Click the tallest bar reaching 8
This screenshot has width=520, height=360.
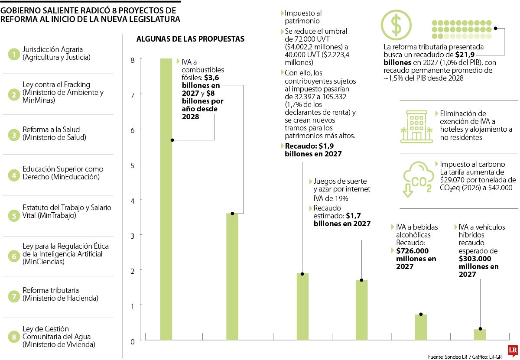tap(166, 199)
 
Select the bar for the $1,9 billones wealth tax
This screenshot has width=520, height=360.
tap(302, 307)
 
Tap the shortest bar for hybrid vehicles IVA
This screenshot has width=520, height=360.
tap(480, 334)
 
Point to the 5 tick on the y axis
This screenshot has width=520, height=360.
tap(132, 165)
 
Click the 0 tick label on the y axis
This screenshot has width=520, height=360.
tap(132, 341)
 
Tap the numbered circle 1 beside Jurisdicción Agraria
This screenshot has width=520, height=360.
tap(14, 54)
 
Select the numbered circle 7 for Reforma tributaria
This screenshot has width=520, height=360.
tap(14, 296)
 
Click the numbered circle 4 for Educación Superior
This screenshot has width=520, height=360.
tap(14, 175)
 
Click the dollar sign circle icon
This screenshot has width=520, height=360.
tap(396, 25)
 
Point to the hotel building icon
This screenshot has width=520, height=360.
tap(416, 126)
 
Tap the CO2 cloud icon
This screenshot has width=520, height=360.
tap(418, 179)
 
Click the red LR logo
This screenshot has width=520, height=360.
tap(513, 351)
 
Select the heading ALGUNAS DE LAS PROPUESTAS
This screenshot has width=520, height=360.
tap(190, 39)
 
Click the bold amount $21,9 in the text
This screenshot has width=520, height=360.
tap(465, 55)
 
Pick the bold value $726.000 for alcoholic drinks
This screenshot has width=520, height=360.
tap(412, 251)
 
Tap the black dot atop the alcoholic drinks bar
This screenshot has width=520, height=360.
tap(421, 314)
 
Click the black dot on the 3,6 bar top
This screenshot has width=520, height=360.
tap(232, 214)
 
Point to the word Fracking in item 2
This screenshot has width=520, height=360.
tap(77, 84)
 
